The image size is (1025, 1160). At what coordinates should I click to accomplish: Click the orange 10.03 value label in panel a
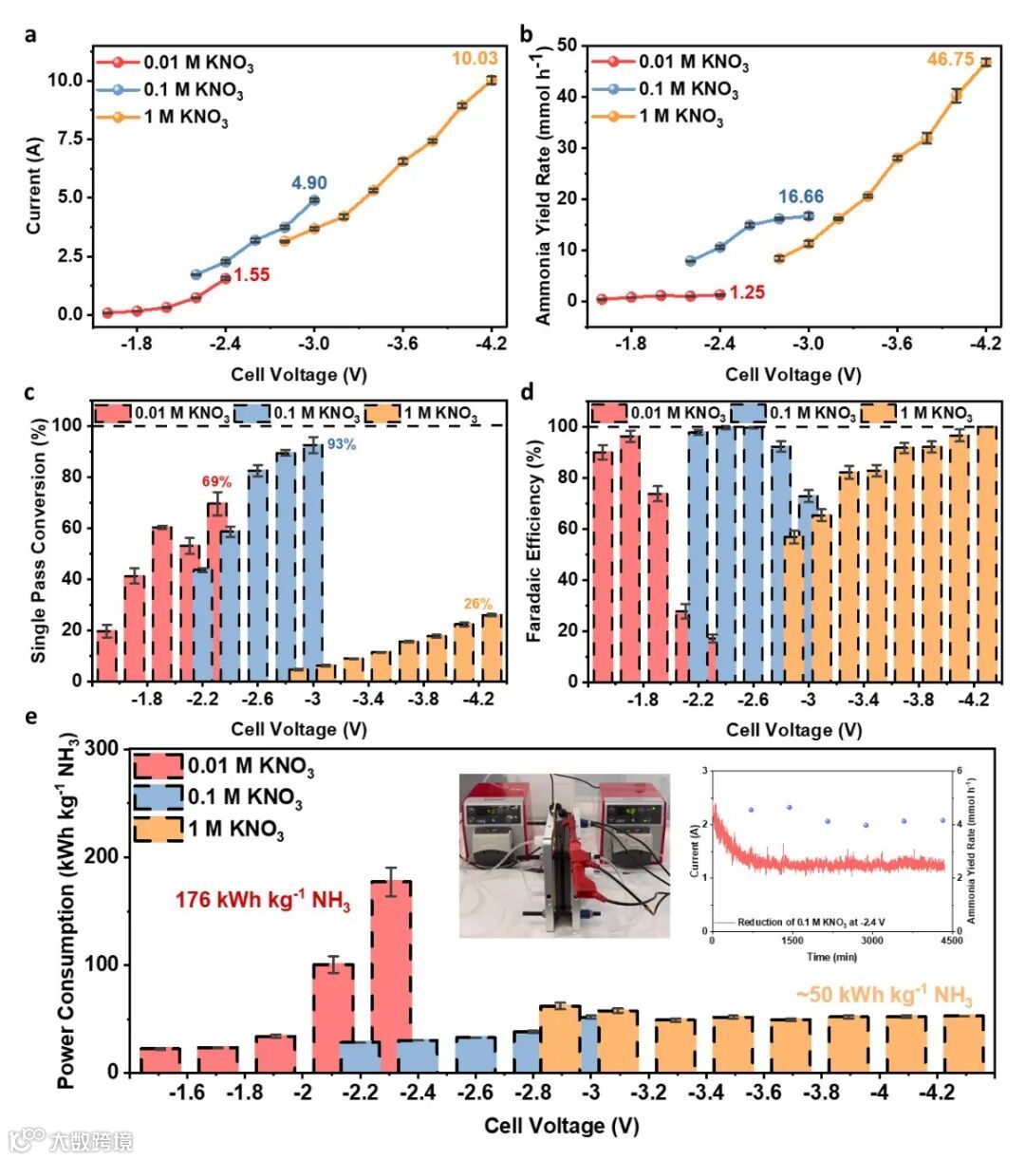474,59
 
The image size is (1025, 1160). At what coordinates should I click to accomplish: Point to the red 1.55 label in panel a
252,275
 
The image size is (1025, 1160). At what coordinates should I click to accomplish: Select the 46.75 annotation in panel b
950,60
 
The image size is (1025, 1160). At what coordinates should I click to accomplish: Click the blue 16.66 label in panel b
801,196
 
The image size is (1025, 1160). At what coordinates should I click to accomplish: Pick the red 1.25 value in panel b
747,292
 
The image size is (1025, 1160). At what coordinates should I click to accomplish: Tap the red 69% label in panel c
216,482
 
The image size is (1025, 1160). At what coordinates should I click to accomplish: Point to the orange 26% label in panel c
478,604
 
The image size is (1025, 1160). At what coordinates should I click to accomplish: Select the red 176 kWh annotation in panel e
262,899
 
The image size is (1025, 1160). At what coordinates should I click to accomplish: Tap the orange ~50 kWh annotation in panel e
884,995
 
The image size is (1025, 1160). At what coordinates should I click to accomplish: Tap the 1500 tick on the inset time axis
792,941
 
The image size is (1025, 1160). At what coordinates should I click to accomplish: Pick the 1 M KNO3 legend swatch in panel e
158,829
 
